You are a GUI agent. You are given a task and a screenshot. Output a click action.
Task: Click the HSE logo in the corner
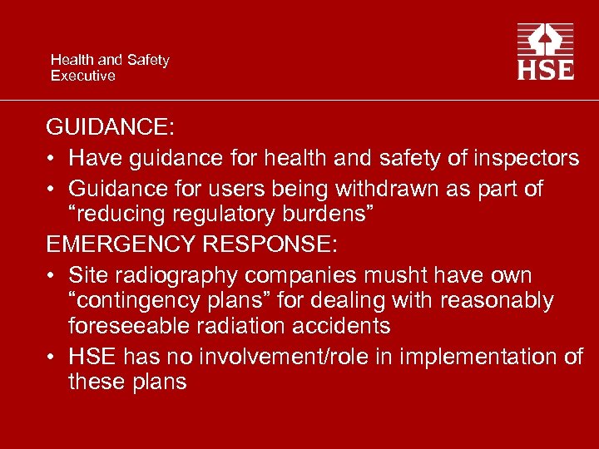coord(545,52)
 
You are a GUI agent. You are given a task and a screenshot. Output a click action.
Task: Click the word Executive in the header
coord(83,76)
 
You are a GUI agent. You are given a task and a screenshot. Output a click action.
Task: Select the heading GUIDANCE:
coord(110,127)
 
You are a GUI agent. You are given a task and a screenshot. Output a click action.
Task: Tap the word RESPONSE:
coord(287,244)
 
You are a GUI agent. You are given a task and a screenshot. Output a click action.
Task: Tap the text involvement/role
coord(326,357)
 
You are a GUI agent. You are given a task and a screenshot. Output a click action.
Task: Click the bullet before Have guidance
coord(52,158)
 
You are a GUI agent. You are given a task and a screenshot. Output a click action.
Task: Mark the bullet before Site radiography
coord(52,274)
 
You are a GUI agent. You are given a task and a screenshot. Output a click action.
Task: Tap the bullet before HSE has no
coord(52,357)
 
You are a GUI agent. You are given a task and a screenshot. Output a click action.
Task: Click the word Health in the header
coord(72,60)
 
